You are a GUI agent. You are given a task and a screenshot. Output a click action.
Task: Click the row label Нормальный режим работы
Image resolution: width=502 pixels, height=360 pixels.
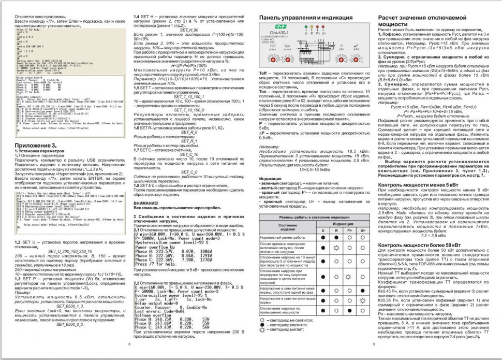click(283, 237)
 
